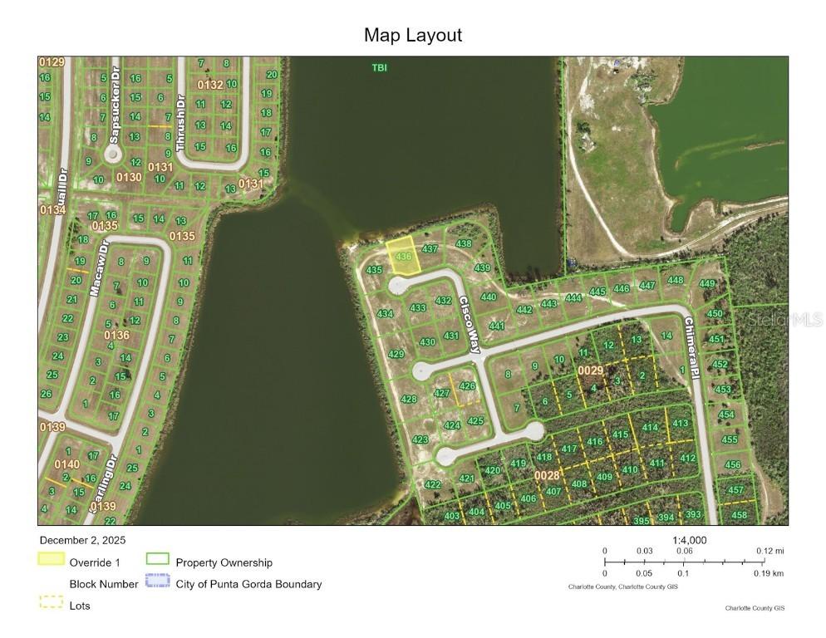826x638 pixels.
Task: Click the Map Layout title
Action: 412,35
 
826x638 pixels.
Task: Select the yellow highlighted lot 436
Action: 403,253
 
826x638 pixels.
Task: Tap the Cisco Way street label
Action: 469,326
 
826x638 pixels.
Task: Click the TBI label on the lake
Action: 379,67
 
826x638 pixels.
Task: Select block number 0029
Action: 591,370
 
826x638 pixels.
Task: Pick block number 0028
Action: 547,475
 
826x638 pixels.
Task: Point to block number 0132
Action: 209,85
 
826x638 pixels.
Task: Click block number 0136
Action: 116,335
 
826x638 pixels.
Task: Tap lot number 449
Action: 707,284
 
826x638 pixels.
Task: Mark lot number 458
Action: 739,515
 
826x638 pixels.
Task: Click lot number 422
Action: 432,484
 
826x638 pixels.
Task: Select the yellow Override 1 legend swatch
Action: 51,559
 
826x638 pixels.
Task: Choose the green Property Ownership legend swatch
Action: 157,560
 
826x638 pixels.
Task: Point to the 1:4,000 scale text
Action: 689,540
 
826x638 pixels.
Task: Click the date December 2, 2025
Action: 81,540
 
